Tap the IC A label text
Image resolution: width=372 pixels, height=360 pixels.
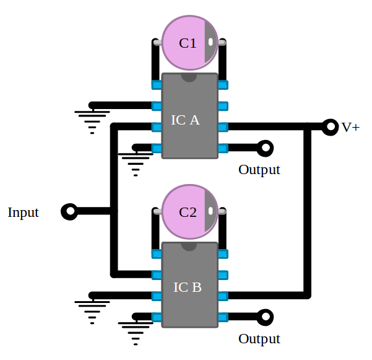click(185, 120)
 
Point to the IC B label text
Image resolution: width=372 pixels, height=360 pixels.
click(187, 288)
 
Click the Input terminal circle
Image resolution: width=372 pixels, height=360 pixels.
click(69, 212)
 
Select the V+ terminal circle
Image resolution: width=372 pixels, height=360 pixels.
click(330, 127)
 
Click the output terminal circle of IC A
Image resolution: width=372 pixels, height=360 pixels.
click(266, 148)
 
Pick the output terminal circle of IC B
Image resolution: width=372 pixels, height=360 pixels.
click(266, 317)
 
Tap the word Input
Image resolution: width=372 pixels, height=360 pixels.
click(23, 213)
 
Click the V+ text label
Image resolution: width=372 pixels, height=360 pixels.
click(350, 128)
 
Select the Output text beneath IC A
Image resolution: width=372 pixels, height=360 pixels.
click(259, 170)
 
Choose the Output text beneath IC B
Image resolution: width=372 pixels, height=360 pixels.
click(259, 339)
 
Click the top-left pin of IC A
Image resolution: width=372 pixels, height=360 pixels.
click(157, 84)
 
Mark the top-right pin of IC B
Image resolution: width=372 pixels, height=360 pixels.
click(223, 253)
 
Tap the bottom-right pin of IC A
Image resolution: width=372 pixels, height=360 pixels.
click(223, 148)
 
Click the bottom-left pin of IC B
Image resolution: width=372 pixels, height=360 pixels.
click(157, 317)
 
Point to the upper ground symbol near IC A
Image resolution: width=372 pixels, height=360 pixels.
click(92, 118)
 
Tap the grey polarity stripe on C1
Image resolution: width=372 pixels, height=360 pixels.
click(210, 43)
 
